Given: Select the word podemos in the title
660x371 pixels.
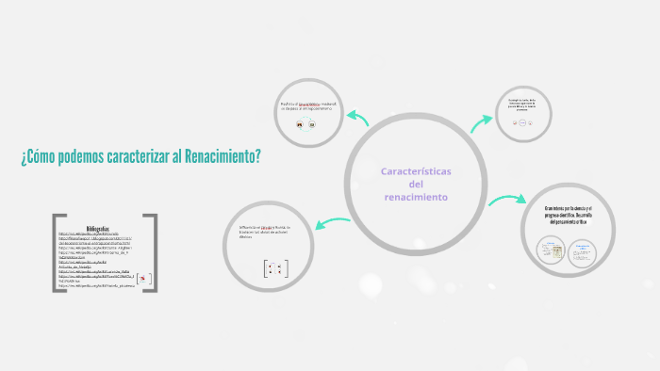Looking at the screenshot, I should (82, 155).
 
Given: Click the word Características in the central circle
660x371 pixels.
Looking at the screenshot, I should (416, 171).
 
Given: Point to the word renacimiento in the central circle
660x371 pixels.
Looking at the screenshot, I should (416, 198).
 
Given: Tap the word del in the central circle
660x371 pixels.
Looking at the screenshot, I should (416, 185).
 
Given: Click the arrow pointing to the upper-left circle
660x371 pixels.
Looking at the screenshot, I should (357, 117).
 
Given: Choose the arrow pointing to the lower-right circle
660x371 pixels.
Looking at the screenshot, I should (507, 200).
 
